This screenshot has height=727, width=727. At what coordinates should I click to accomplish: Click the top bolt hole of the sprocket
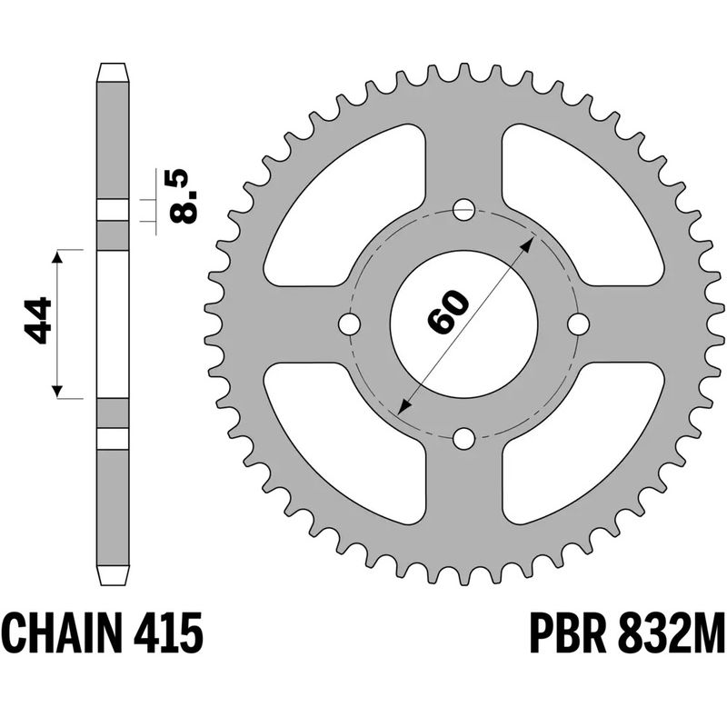pos(463,208)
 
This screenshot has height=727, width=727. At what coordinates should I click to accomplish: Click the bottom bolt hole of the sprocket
pos(463,440)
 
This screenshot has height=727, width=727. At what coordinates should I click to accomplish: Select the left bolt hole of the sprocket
pos(348,324)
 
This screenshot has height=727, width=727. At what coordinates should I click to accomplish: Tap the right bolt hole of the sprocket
pos(579,324)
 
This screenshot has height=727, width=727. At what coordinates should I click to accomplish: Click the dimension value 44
pos(38,321)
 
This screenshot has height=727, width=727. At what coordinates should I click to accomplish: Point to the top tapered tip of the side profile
pos(113,69)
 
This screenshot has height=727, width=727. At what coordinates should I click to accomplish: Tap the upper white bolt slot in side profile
pos(113,210)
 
